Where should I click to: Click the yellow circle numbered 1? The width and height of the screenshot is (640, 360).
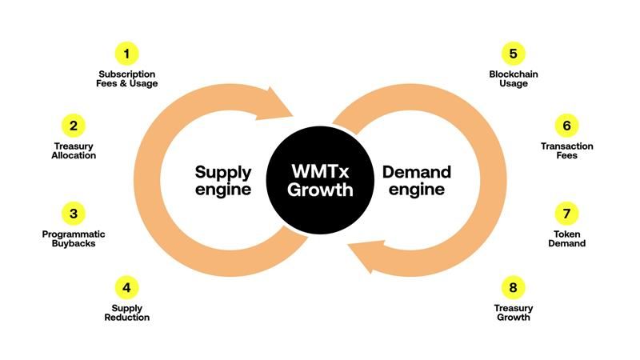point(126,54)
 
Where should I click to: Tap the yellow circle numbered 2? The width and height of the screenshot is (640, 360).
point(74,126)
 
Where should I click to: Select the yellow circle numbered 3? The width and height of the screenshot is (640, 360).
point(74,214)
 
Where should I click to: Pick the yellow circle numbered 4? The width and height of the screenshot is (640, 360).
point(126,287)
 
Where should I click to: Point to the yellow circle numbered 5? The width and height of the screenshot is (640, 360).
point(513,54)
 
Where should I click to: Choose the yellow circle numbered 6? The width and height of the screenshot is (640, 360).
point(566,126)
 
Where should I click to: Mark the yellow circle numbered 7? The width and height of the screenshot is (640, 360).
point(566,214)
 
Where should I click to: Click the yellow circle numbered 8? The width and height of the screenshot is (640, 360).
point(513,287)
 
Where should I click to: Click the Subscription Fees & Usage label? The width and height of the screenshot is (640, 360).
point(127,78)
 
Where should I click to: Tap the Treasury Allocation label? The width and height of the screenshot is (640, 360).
point(74,150)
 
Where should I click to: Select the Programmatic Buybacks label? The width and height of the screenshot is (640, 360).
point(74,238)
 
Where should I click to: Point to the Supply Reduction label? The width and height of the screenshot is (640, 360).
point(127,313)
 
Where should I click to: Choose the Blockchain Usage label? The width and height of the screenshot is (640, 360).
point(514,78)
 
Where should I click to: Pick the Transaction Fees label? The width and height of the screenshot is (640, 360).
point(567,150)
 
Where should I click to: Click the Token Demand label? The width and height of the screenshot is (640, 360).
point(567,238)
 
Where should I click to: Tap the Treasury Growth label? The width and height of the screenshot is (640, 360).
point(514,313)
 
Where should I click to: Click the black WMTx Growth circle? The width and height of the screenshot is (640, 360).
point(320,180)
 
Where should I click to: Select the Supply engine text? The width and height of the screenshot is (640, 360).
point(223,181)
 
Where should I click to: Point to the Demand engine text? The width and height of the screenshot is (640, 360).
point(417,181)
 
